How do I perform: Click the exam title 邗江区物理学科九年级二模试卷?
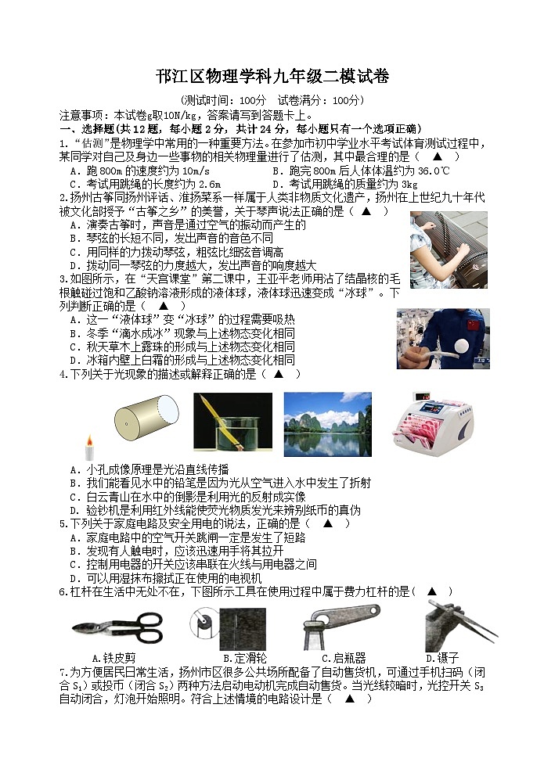click(x=272, y=77)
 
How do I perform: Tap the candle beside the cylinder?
click(x=88, y=448)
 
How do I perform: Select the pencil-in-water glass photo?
click(x=232, y=424)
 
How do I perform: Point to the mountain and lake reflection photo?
click(x=327, y=424)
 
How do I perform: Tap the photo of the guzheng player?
click(x=448, y=250)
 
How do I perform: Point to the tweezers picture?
click(x=449, y=625)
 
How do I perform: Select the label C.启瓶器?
click(x=344, y=658)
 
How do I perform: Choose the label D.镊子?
click(x=441, y=658)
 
